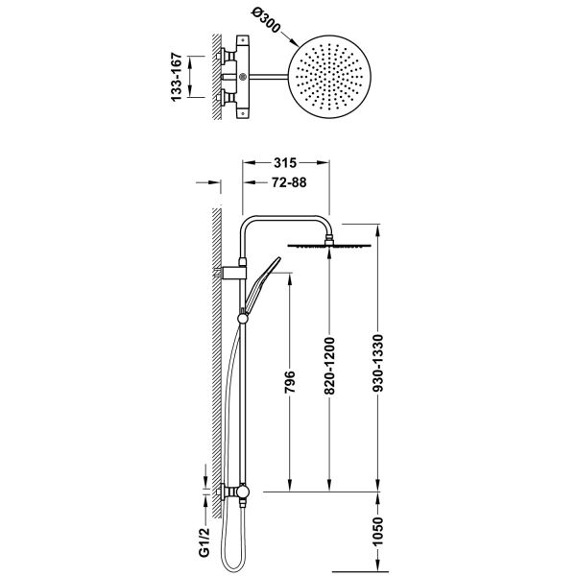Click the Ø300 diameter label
(x=266, y=20)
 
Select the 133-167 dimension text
(x=177, y=77)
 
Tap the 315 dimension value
(x=285, y=163)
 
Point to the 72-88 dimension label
(x=289, y=182)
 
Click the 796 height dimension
(x=290, y=382)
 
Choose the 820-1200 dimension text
(x=329, y=366)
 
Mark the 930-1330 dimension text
(x=377, y=363)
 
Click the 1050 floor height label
(x=377, y=531)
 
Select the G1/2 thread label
(x=205, y=542)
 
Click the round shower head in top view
(x=329, y=77)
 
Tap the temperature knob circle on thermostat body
(x=243, y=77)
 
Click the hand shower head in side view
(x=263, y=283)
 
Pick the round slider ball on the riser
(x=243, y=318)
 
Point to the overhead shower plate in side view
(x=329, y=246)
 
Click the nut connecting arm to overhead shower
(x=329, y=239)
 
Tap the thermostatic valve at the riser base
(x=237, y=492)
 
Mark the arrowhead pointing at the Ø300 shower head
(x=294, y=42)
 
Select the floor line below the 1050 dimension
(x=360, y=571)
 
